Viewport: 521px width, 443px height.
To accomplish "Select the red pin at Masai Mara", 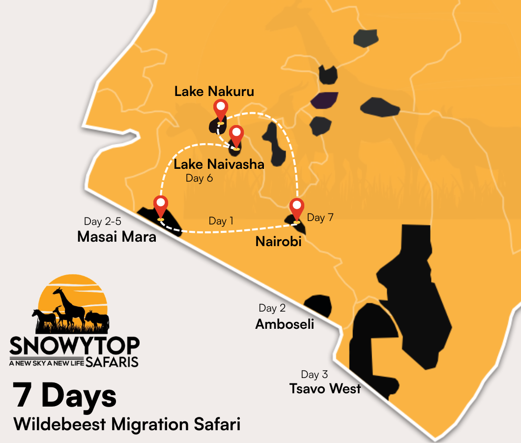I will (x=160, y=206).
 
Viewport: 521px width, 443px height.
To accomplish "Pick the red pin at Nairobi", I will (x=296, y=209).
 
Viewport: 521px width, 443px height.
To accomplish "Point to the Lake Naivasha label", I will (x=219, y=164).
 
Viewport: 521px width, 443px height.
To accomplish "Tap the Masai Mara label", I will (x=116, y=237).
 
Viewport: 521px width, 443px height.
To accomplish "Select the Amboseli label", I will (x=285, y=324).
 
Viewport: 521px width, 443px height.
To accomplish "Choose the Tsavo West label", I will (x=325, y=388).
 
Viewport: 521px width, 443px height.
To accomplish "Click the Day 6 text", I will (x=199, y=178).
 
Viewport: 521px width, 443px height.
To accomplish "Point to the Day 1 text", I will (x=221, y=221).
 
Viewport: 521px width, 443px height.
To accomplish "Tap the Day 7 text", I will (x=320, y=217).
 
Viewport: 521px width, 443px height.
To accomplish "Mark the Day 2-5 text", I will (x=102, y=221).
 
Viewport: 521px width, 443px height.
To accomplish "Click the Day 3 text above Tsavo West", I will (x=314, y=375).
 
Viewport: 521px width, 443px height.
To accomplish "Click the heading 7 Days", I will (x=65, y=396).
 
